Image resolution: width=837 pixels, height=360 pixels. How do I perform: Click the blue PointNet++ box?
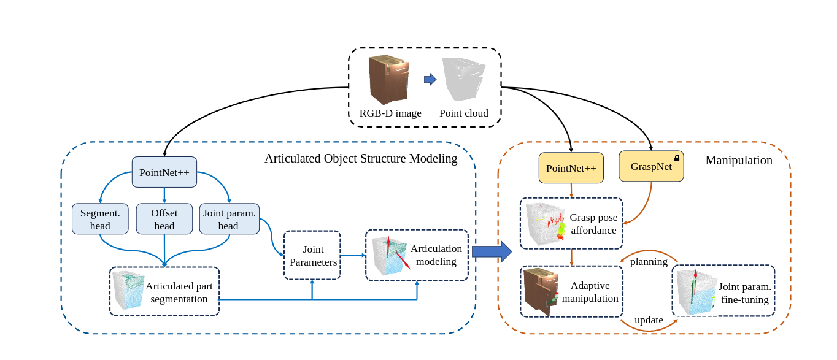[164, 172]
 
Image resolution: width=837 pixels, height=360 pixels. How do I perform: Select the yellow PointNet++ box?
[571, 168]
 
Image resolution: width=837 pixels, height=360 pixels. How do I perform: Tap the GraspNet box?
[651, 166]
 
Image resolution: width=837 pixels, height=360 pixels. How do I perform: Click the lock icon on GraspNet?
[677, 158]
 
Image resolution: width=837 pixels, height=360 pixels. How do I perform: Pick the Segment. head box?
[100, 219]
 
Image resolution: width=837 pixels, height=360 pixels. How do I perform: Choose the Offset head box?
[164, 219]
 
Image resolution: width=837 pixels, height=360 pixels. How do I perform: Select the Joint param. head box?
[229, 219]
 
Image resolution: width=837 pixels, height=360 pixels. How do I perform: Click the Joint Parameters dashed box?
[312, 255]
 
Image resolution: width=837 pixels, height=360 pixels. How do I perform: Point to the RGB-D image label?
[390, 113]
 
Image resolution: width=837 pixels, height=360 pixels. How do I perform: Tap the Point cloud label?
[464, 113]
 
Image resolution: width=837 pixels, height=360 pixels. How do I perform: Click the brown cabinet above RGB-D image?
[388, 79]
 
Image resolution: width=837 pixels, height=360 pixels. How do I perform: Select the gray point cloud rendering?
[463, 79]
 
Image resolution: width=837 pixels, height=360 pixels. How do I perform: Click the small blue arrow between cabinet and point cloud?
[430, 79]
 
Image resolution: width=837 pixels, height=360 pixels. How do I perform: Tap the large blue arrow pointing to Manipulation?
[492, 251]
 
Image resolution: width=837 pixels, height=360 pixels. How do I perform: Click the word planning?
[649, 262]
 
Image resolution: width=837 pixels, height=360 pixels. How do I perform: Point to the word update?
[649, 320]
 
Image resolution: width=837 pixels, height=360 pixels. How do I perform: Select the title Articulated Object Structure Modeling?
[361, 159]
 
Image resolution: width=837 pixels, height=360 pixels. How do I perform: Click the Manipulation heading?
[739, 161]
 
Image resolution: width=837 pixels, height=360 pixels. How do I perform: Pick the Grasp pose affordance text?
[593, 224]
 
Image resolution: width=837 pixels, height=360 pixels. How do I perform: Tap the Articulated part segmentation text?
[179, 293]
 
